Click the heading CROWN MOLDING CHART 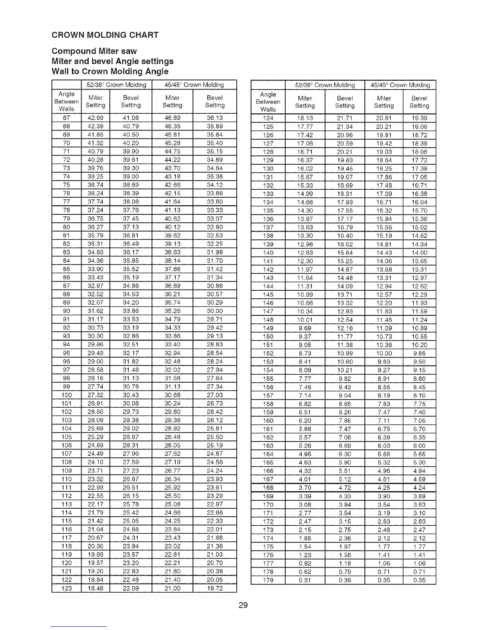[105, 35]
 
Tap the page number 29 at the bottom [243, 605]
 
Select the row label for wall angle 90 [66, 311]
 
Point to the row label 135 [268, 210]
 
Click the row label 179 [268, 580]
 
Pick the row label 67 [66, 118]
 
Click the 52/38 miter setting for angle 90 [95, 311]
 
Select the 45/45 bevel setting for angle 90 [215, 311]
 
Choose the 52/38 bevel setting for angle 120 [131, 563]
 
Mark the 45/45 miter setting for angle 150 [384, 336]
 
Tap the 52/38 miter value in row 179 [305, 580]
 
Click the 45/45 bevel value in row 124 [419, 118]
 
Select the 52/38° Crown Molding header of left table [117, 85]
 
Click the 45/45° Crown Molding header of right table [400, 85]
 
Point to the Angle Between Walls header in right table [268, 102]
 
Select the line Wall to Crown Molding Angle [110, 72]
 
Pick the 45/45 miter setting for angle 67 [172, 118]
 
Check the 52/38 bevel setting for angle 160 [345, 420]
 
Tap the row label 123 [66, 588]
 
